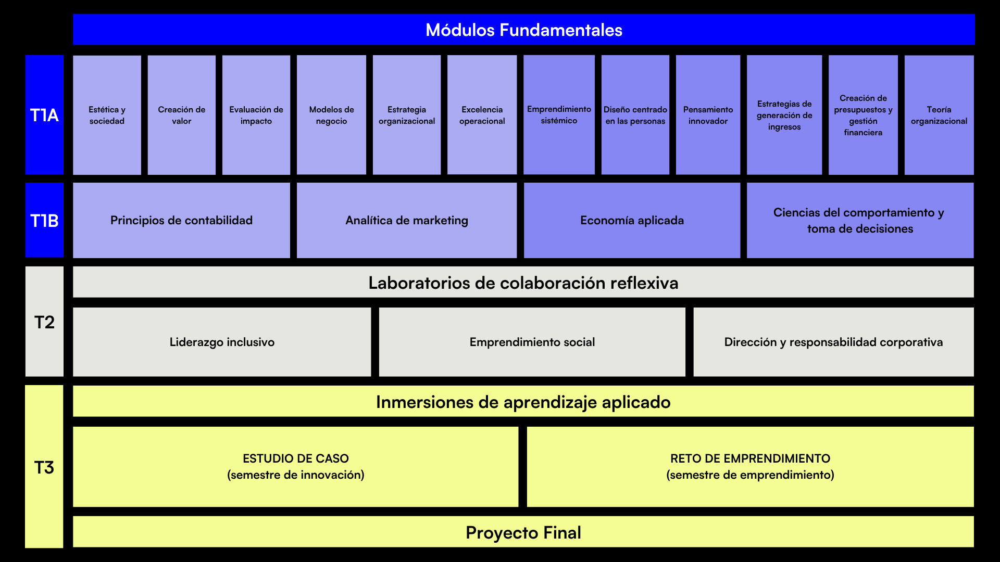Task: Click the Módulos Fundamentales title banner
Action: click(x=523, y=30)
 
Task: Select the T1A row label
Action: click(x=44, y=115)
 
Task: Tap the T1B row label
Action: click(x=44, y=220)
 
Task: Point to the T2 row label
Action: click(x=44, y=322)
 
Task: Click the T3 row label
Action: click(x=44, y=467)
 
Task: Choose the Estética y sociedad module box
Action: click(x=107, y=115)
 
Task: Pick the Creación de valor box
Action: click(x=181, y=115)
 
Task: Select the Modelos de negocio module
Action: click(x=331, y=115)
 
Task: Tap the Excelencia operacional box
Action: click(x=482, y=115)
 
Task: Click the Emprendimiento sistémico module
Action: click(x=559, y=115)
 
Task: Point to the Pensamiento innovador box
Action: click(x=708, y=115)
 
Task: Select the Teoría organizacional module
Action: click(x=939, y=115)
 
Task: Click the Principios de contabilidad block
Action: click(x=181, y=220)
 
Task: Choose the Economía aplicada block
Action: click(x=632, y=220)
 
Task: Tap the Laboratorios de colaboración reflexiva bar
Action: click(x=523, y=282)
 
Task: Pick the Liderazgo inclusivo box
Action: click(x=222, y=342)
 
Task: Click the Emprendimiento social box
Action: click(x=532, y=342)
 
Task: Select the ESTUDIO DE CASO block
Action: click(x=295, y=467)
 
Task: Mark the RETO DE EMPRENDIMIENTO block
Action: click(x=750, y=467)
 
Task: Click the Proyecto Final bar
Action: click(x=523, y=532)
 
